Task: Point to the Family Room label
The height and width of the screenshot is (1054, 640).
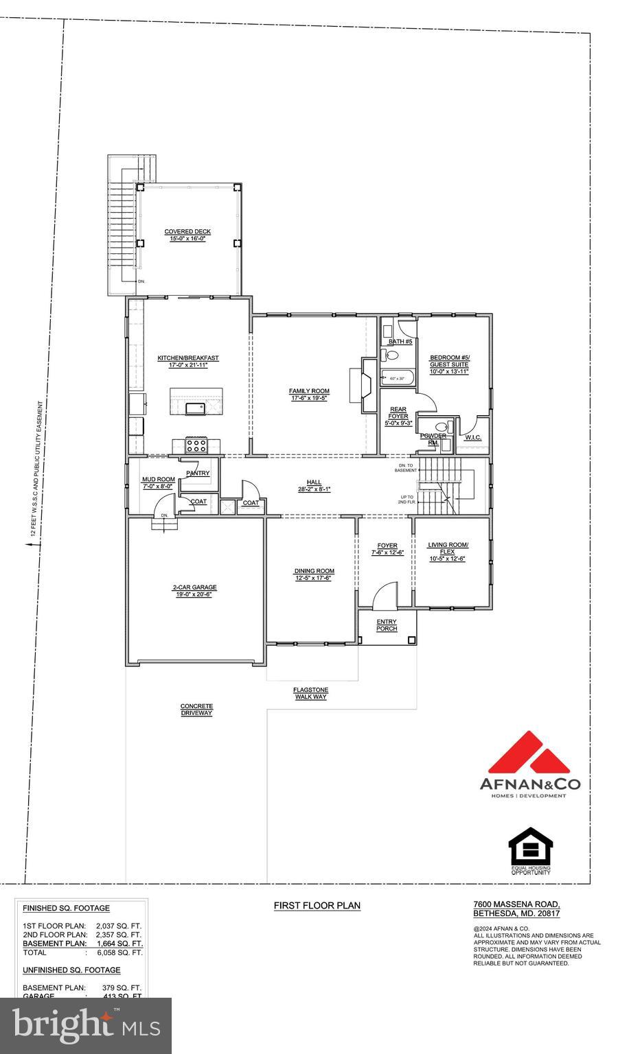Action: tap(309, 395)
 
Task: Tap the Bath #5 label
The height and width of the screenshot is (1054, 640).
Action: tap(400, 342)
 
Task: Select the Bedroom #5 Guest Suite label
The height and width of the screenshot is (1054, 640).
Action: tap(450, 364)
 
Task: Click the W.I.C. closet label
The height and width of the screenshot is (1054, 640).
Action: tap(473, 437)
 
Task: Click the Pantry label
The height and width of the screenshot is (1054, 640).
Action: tap(198, 473)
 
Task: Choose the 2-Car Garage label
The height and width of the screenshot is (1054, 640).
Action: tap(194, 591)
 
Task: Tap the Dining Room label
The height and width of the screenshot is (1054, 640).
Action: tap(314, 574)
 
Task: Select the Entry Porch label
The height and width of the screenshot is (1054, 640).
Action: tap(387, 625)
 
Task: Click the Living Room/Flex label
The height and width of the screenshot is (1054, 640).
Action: tap(448, 552)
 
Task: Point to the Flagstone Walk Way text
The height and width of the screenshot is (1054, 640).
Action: tap(311, 693)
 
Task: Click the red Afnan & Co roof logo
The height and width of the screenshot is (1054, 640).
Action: tap(529, 753)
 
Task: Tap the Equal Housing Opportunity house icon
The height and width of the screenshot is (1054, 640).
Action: tap(530, 847)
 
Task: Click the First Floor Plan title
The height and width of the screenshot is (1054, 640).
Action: tap(317, 906)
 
